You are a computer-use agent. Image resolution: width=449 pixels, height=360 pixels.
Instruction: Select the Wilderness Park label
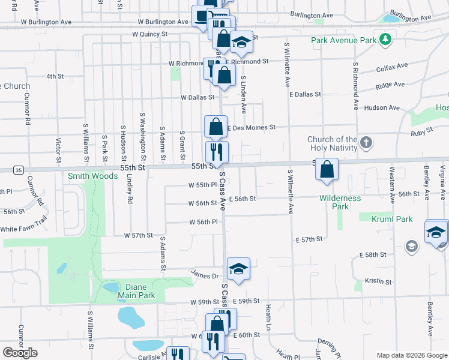coord(340,202)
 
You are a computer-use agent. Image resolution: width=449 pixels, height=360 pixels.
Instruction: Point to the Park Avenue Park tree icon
coord(384,41)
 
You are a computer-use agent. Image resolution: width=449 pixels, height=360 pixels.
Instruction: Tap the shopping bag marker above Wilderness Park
coord(327,169)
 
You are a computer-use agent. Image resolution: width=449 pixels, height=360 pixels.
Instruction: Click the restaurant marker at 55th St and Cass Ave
coord(217,152)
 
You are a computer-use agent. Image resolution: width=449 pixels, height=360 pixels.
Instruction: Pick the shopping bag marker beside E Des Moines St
coord(215,126)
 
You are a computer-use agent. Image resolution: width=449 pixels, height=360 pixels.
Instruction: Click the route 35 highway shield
coord(19,170)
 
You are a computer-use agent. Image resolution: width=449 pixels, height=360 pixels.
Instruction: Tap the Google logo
coord(20,353)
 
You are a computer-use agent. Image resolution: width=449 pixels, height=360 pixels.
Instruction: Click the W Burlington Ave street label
coord(46,22)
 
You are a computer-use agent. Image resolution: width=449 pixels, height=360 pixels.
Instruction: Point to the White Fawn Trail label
coord(23,229)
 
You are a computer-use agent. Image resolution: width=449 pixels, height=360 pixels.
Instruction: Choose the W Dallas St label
coord(197,97)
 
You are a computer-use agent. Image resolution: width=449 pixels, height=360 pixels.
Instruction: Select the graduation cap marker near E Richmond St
coord(242,42)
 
